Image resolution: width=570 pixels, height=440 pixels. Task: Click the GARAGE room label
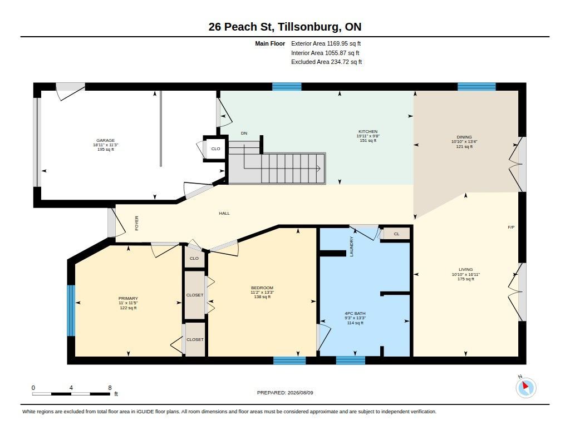[105, 140]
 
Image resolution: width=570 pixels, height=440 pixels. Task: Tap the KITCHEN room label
[368, 131]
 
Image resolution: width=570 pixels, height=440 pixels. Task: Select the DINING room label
[464, 137]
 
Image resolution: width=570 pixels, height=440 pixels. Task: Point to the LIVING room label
[466, 270]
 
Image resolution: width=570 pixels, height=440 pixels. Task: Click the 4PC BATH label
[355, 313]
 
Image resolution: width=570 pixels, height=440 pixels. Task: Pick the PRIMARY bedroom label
[128, 298]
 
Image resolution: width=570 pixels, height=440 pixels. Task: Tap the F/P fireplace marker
[511, 228]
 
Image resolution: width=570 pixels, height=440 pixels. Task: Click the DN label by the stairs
[244, 134]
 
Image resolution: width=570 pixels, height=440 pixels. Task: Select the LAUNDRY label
[352, 246]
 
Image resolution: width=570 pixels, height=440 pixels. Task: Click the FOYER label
[137, 223]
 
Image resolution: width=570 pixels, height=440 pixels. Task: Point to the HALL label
[224, 213]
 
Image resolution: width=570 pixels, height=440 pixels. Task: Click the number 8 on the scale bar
[110, 388]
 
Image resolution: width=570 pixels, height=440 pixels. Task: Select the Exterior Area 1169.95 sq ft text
[326, 43]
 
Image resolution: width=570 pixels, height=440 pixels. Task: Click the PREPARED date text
[285, 393]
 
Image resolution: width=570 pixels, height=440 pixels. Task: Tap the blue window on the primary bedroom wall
[71, 310]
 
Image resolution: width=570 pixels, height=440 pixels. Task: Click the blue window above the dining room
[476, 86]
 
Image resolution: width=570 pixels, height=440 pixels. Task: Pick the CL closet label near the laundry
[396, 234]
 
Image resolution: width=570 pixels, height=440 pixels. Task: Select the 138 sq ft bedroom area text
[262, 297]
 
